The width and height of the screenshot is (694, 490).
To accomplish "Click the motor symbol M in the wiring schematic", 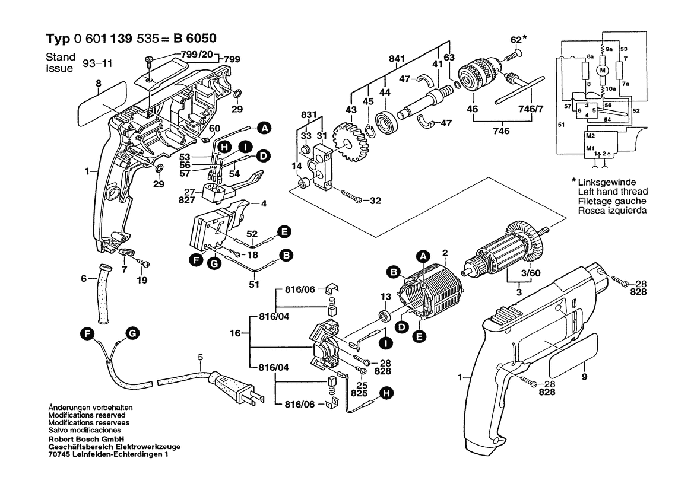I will pyautogui.click(x=603, y=71).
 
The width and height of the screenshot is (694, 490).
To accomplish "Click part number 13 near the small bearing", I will pyautogui.click(x=385, y=297).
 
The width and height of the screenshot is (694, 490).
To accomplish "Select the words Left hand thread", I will pyautogui.click(x=613, y=192).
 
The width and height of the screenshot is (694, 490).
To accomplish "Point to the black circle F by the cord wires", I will pyautogui.click(x=87, y=335).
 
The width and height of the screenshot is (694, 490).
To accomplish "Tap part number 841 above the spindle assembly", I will pyautogui.click(x=397, y=59).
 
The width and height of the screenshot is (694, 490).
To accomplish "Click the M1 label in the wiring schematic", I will pyautogui.click(x=591, y=148).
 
